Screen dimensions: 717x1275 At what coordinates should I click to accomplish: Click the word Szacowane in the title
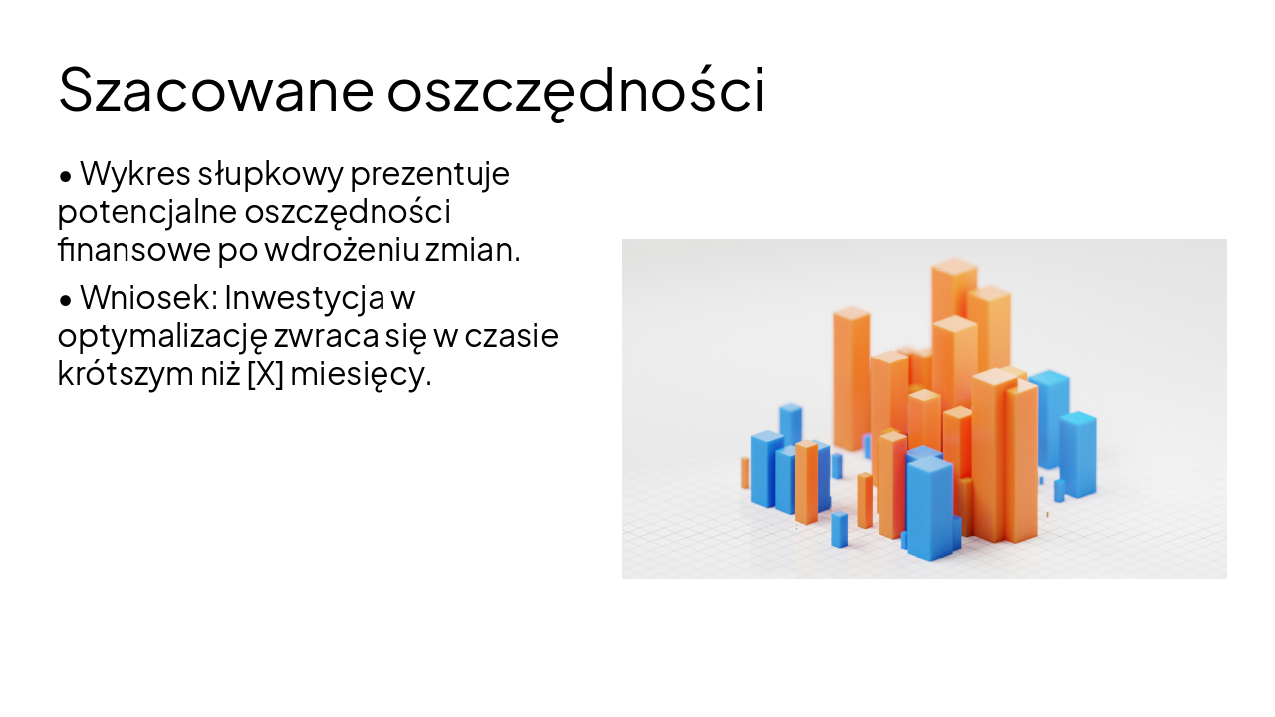tap(215, 90)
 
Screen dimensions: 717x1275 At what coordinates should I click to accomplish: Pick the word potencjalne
tap(145, 212)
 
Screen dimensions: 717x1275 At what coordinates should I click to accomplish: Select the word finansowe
tap(132, 249)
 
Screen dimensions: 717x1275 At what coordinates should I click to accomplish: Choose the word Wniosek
tap(147, 298)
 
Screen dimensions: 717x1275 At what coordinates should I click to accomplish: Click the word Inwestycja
tap(305, 298)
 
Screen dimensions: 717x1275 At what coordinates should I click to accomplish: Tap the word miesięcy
tap(361, 373)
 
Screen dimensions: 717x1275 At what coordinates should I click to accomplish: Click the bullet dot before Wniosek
tap(66, 299)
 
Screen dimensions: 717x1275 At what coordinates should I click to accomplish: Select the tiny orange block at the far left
tap(745, 473)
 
